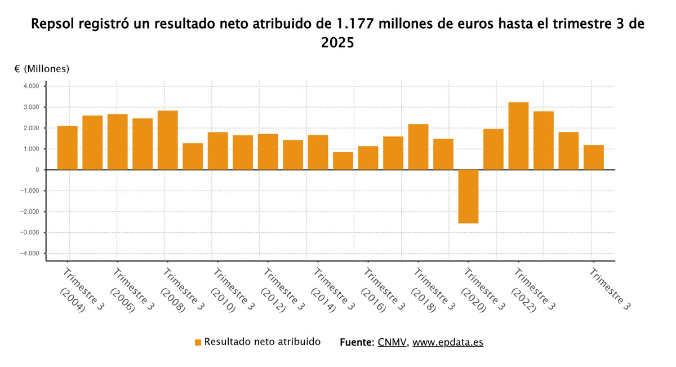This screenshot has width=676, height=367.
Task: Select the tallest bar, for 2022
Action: pos(518,136)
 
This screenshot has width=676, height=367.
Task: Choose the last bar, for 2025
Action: pos(593,157)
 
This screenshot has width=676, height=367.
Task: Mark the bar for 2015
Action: pos(343,161)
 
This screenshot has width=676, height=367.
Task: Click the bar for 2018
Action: pos(418,147)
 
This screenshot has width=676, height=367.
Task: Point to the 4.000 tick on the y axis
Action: pos(31,86)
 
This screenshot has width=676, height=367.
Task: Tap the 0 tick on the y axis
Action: pos(37,170)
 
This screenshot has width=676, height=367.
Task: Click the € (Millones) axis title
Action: pos(42,69)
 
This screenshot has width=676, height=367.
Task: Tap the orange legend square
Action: pos(198,343)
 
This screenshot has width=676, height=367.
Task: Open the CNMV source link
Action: pos(392,342)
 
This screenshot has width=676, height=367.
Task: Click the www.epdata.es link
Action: pos(448,342)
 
